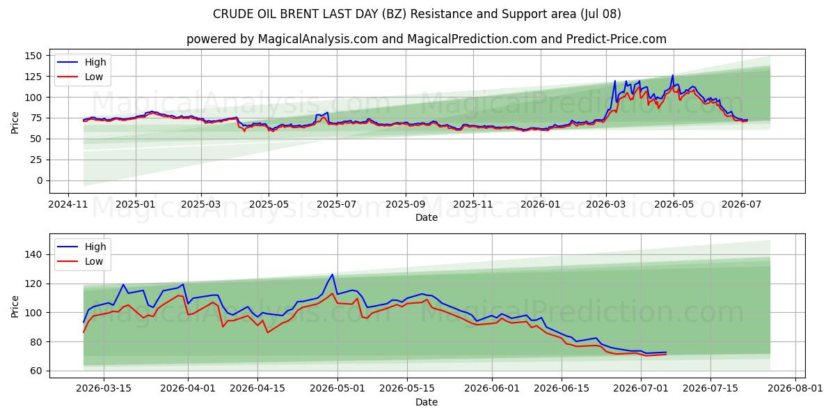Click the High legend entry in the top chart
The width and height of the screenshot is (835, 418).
click(81, 62)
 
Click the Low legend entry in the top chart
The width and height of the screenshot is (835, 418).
click(80, 77)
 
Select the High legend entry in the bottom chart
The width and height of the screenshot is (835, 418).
click(81, 247)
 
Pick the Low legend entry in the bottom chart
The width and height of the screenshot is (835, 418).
click(80, 261)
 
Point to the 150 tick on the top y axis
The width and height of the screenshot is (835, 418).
click(33, 56)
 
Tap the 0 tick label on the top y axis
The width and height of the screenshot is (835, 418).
click(40, 180)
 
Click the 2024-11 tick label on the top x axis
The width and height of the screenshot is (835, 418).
click(68, 205)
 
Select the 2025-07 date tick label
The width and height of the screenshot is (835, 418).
click(337, 205)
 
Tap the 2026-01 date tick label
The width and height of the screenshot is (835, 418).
click(541, 205)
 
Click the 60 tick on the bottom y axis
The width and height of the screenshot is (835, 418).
click(36, 371)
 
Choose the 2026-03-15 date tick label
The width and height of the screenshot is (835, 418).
click(104, 389)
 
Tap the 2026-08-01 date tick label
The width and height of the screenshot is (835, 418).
click(795, 389)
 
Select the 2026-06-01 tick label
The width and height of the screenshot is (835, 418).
click(492, 389)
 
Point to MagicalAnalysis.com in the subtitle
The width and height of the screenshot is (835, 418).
click(318, 39)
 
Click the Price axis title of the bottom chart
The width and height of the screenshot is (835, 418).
click(15, 307)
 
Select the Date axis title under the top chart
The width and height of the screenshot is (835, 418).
click(427, 217)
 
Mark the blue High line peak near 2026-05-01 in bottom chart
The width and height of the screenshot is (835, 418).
click(332, 274)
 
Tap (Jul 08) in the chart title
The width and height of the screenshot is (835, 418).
click(601, 14)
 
